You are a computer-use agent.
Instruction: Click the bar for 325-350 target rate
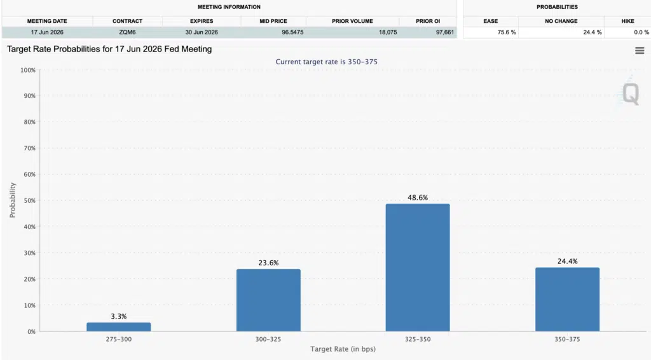click(x=418, y=267)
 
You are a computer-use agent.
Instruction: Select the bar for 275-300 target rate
click(x=118, y=327)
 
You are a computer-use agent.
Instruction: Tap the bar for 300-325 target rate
click(x=268, y=300)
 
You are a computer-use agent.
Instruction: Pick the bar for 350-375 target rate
click(x=567, y=299)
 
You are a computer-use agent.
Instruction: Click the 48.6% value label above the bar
click(x=418, y=198)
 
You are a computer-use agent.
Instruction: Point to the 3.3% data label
click(x=118, y=316)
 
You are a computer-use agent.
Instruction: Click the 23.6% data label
click(x=268, y=263)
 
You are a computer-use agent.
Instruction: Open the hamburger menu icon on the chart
click(x=640, y=51)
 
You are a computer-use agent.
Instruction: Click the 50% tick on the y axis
click(x=27, y=200)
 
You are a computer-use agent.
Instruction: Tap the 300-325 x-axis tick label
click(x=268, y=340)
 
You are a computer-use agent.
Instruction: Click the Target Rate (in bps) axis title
click(x=343, y=350)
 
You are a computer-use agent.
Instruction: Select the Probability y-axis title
click(x=12, y=200)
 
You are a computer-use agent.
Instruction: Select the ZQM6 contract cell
click(x=127, y=32)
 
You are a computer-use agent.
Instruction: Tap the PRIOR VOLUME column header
click(x=352, y=21)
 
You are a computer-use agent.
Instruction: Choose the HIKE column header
click(x=627, y=21)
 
